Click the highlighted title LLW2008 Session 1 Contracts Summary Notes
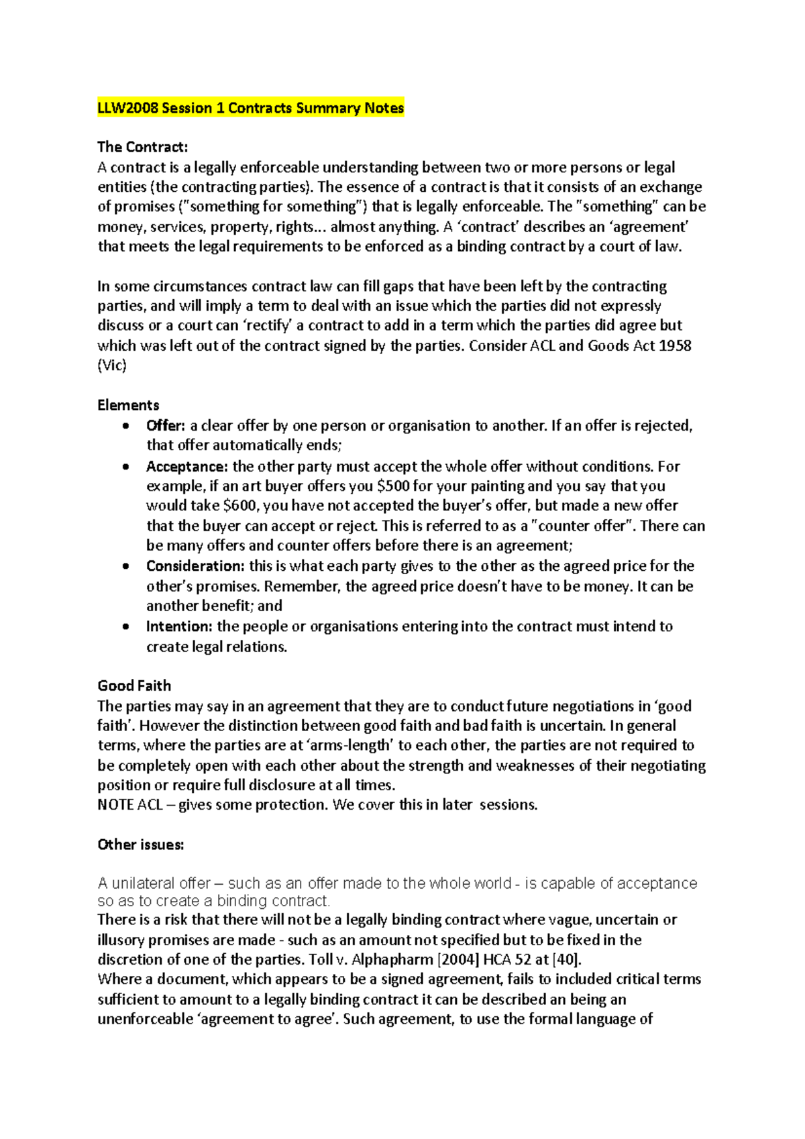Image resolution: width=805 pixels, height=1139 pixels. click(250, 108)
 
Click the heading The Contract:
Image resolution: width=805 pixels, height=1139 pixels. click(142, 147)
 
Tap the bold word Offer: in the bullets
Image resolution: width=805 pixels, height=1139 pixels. click(165, 426)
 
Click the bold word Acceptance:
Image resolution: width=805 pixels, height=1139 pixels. click(187, 466)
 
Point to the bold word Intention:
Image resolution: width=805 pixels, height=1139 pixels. click(179, 627)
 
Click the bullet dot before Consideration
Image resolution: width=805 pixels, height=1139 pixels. click(125, 567)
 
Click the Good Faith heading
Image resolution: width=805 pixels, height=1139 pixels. click(134, 686)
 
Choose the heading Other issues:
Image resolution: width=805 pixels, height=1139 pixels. click(140, 845)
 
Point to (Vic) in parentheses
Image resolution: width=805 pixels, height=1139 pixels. click(111, 366)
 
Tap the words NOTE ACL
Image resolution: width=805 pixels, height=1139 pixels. click(129, 805)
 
